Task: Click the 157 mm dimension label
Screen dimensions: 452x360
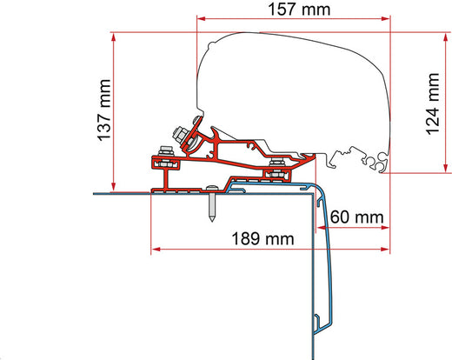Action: (x=299, y=10)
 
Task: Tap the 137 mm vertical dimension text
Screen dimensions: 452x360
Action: (x=104, y=110)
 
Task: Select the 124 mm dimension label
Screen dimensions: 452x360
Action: (x=433, y=103)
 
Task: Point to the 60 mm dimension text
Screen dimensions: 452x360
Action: (x=356, y=217)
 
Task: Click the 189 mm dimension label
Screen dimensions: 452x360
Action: (x=263, y=239)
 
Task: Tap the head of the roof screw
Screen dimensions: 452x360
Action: (x=212, y=188)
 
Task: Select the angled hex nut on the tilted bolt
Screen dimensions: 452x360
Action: (x=180, y=134)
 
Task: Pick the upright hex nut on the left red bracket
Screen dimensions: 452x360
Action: (x=166, y=151)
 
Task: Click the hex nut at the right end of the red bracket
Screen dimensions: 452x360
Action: (x=277, y=163)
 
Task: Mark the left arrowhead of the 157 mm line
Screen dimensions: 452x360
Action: (x=201, y=19)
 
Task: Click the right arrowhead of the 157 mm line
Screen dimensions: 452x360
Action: (x=386, y=19)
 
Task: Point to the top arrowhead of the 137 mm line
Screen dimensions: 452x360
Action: (x=114, y=37)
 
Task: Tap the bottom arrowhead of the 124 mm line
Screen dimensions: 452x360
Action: (x=446, y=169)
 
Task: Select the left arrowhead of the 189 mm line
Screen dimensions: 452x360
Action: (x=156, y=250)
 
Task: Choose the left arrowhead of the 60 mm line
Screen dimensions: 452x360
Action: (x=321, y=228)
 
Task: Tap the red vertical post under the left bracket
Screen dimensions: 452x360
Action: (x=166, y=179)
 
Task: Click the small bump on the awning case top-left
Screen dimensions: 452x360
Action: (x=212, y=44)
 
